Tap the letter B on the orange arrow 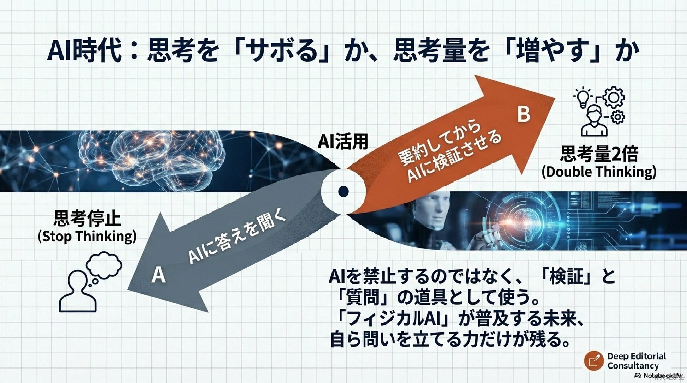click(x=524, y=115)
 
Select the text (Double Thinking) click(x=599, y=172)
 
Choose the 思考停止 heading click(x=87, y=219)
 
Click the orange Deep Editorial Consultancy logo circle click(x=594, y=361)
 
